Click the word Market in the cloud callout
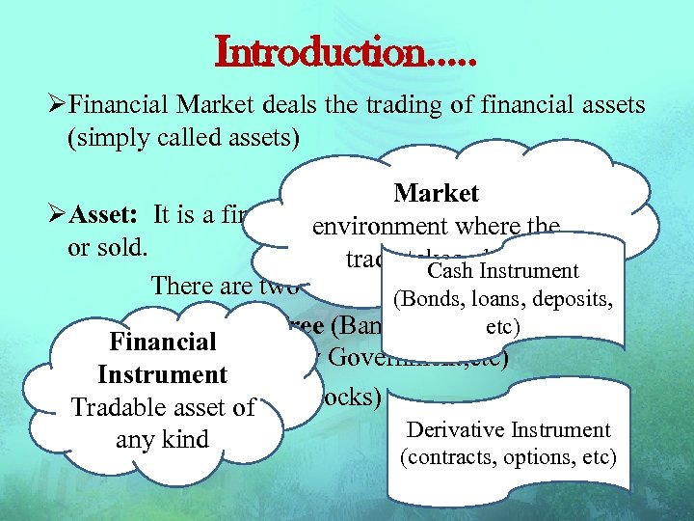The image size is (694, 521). pyautogui.click(x=437, y=194)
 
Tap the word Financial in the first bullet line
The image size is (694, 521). pyautogui.click(x=120, y=105)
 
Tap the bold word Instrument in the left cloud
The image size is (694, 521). pyautogui.click(x=163, y=374)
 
